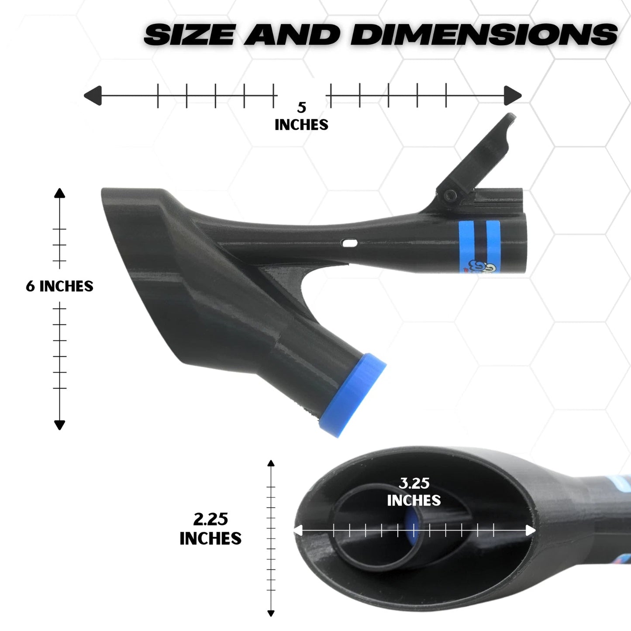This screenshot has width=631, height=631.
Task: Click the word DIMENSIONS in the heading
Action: coord(484,34)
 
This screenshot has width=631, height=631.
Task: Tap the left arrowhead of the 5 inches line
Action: coord(92,96)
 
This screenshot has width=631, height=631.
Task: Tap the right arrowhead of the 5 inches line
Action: coord(513,96)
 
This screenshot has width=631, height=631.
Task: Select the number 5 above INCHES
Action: coord(302,107)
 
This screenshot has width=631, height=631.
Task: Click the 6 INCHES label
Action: coord(60,286)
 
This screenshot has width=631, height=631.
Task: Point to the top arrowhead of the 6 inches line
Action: coord(60,193)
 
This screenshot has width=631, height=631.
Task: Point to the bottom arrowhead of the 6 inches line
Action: coord(60,425)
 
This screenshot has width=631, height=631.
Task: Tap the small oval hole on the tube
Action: coord(350,242)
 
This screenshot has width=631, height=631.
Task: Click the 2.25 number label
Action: coord(210,519)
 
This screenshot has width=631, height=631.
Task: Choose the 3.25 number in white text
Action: coord(414,483)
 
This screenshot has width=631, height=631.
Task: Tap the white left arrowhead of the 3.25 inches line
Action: coord(298,531)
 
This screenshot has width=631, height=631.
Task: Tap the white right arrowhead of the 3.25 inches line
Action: coord(531,531)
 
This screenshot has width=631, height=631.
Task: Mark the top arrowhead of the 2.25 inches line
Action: coord(271,463)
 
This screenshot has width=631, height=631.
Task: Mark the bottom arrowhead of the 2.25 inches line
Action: coord(271,613)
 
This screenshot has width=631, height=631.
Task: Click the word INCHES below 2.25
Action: coord(210,538)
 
